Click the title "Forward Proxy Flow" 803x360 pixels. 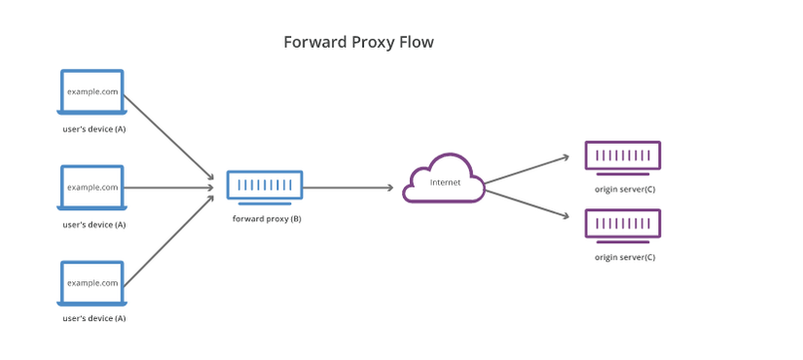click(358, 43)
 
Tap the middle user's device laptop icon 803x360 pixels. click(92, 187)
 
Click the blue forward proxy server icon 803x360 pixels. click(265, 185)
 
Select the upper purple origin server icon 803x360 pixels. click(623, 156)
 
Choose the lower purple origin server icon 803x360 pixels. click(623, 224)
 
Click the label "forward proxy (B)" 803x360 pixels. click(266, 219)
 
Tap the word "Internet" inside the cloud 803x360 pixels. click(445, 183)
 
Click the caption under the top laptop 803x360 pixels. click(93, 129)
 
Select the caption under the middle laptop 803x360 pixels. click(93, 225)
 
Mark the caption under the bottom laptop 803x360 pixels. click(93, 319)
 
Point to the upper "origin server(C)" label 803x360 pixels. click(624, 190)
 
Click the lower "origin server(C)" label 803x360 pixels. click(624, 258)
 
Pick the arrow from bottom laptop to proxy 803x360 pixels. click(167, 241)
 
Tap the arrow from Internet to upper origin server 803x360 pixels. click(526, 167)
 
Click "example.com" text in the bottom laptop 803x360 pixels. click(92, 282)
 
